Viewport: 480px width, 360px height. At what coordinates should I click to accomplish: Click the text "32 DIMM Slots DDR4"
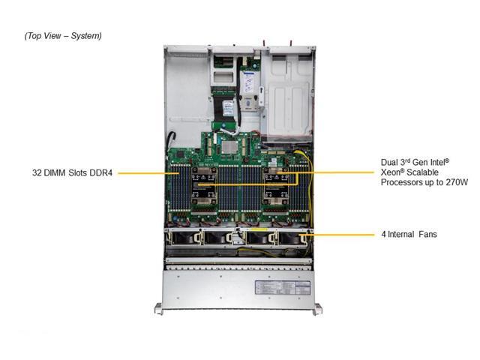[72, 173]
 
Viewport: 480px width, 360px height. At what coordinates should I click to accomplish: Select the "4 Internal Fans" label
[409, 235]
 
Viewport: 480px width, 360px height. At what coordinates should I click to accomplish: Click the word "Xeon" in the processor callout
[391, 172]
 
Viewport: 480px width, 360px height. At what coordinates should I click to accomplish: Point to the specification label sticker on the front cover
[277, 288]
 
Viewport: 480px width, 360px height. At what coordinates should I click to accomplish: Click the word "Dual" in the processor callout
[390, 161]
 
